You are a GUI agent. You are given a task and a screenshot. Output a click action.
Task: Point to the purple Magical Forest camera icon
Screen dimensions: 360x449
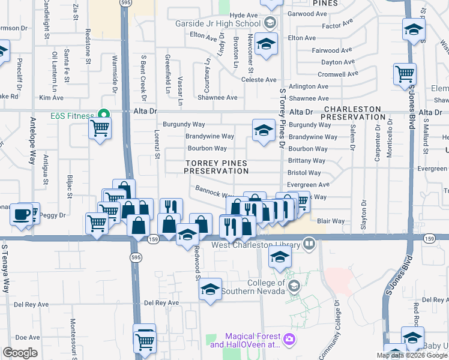[289, 340]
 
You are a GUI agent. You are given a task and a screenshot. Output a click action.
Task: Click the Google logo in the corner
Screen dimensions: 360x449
[20, 353]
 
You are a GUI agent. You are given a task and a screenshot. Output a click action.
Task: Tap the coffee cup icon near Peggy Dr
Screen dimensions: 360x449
[22, 215]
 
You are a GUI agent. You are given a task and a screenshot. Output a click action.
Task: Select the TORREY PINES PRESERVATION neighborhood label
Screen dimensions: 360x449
[216, 167]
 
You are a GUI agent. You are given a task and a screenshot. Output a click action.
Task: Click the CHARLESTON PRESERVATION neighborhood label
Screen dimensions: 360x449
[353, 113]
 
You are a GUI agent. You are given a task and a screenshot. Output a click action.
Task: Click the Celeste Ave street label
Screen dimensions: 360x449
[258, 80]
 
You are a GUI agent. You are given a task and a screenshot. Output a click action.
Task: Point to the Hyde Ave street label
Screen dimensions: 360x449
[243, 14]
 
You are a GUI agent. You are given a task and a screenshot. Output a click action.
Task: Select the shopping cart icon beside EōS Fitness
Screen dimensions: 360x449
[100, 127]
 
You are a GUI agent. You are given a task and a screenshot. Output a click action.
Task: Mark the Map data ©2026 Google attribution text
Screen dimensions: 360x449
[412, 355]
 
